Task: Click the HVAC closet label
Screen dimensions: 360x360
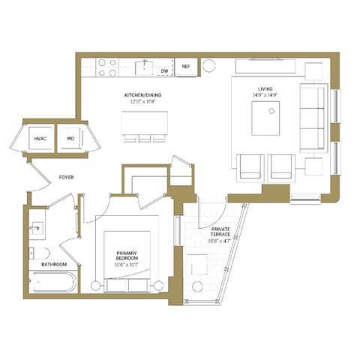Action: (x=40, y=139)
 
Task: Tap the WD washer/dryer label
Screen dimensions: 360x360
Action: (x=70, y=139)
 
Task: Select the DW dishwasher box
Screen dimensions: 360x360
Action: (x=165, y=70)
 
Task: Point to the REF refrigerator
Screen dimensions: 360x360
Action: (x=187, y=67)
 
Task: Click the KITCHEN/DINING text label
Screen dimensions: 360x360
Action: (x=142, y=96)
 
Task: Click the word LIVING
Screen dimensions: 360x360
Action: (x=266, y=88)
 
